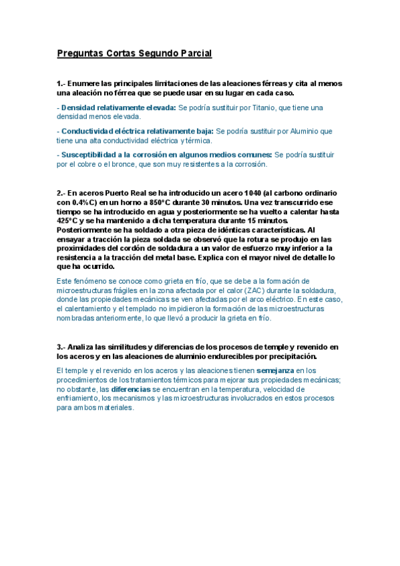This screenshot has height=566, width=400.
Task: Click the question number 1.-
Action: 61,83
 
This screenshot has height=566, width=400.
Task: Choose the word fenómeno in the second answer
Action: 90,281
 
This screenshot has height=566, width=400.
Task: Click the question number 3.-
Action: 61,347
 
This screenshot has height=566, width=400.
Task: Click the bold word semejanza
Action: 274,370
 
